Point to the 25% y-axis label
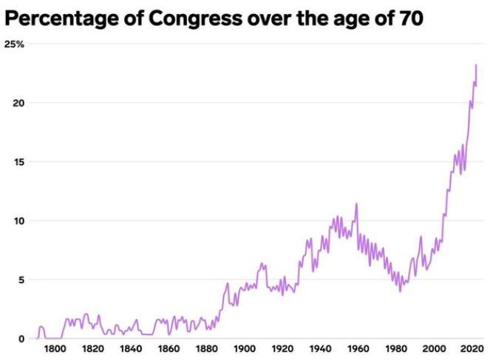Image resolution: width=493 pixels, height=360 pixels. point(15,44)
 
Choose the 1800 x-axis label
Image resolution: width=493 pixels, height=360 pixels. point(54,349)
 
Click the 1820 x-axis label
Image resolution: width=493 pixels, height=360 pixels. point(92,349)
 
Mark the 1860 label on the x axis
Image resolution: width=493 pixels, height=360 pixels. point(169,349)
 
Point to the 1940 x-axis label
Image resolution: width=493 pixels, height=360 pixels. point(320,349)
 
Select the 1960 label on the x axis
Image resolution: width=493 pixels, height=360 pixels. point(358,349)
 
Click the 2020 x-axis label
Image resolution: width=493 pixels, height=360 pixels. point(472,349)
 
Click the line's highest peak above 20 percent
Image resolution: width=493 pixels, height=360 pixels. point(475,66)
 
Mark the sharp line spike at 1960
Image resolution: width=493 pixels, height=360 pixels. point(357,204)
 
